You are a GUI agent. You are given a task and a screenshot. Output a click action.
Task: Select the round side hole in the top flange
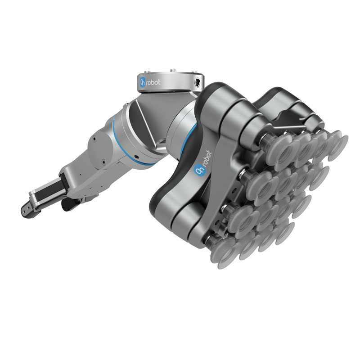tap(197, 83)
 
